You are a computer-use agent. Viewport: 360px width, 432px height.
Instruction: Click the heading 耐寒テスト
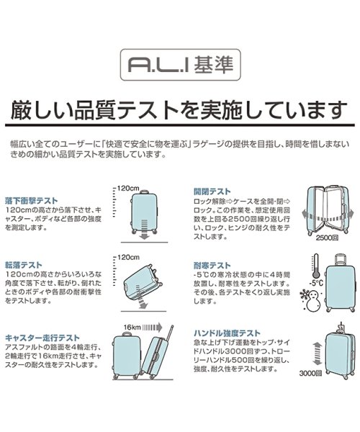coord(210,264)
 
